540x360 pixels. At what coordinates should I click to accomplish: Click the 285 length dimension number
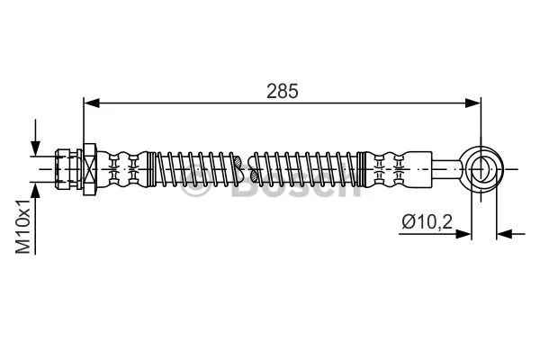[281, 90]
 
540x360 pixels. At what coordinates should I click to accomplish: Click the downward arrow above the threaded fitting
[36, 144]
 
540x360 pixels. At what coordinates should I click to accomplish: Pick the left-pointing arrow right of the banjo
[505, 234]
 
